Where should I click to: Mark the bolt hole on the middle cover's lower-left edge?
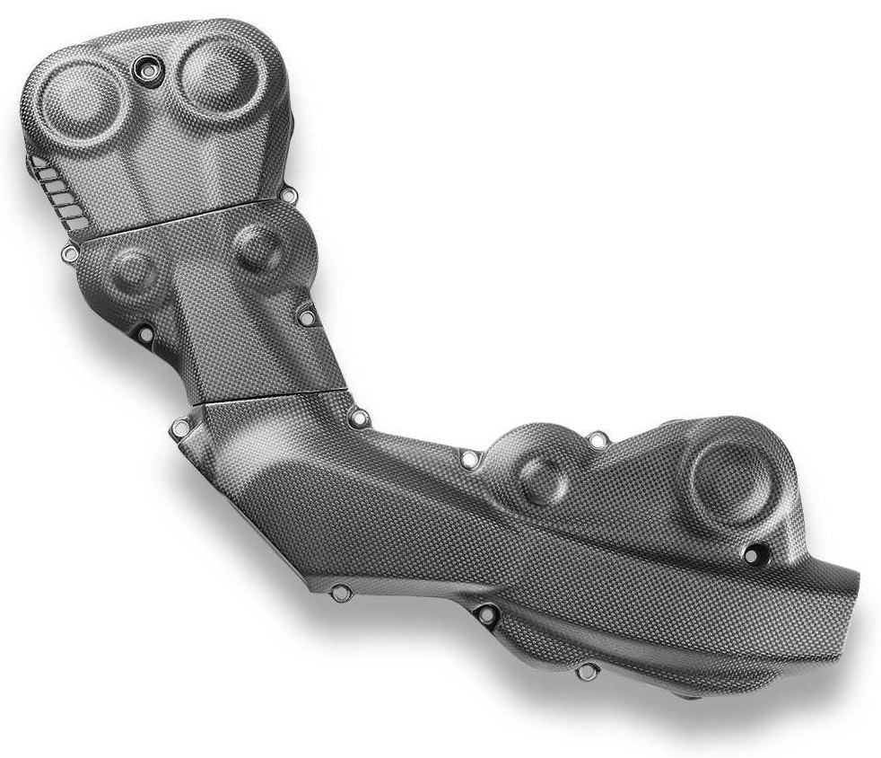144,333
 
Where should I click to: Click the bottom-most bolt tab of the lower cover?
588,672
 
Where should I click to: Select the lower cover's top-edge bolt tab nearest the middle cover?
361,417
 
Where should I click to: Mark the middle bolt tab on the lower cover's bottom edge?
488,615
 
